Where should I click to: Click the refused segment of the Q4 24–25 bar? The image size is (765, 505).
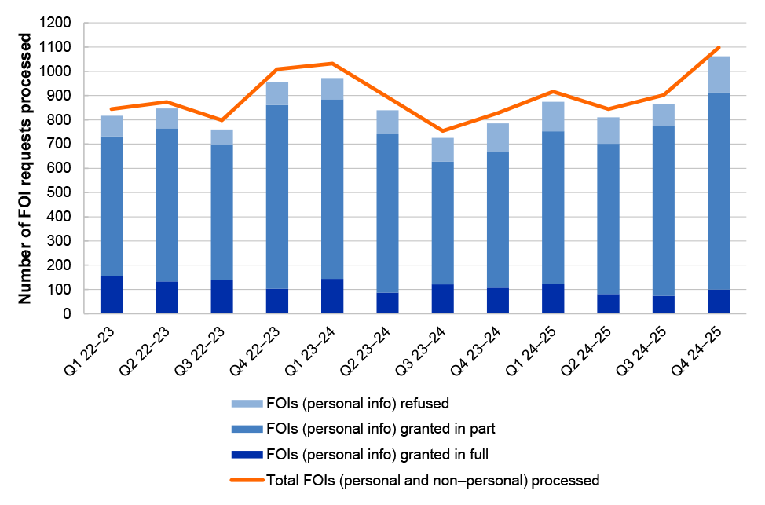[x=718, y=75]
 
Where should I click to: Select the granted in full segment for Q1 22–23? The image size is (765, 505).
[x=111, y=295]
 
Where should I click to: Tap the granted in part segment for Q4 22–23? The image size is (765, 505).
[x=277, y=196]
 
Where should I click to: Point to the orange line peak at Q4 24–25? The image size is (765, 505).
[x=718, y=48]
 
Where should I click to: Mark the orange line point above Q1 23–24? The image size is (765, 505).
[x=333, y=64]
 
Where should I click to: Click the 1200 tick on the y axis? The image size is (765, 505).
[x=64, y=23]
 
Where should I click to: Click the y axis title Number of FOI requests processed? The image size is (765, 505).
[x=26, y=169]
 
